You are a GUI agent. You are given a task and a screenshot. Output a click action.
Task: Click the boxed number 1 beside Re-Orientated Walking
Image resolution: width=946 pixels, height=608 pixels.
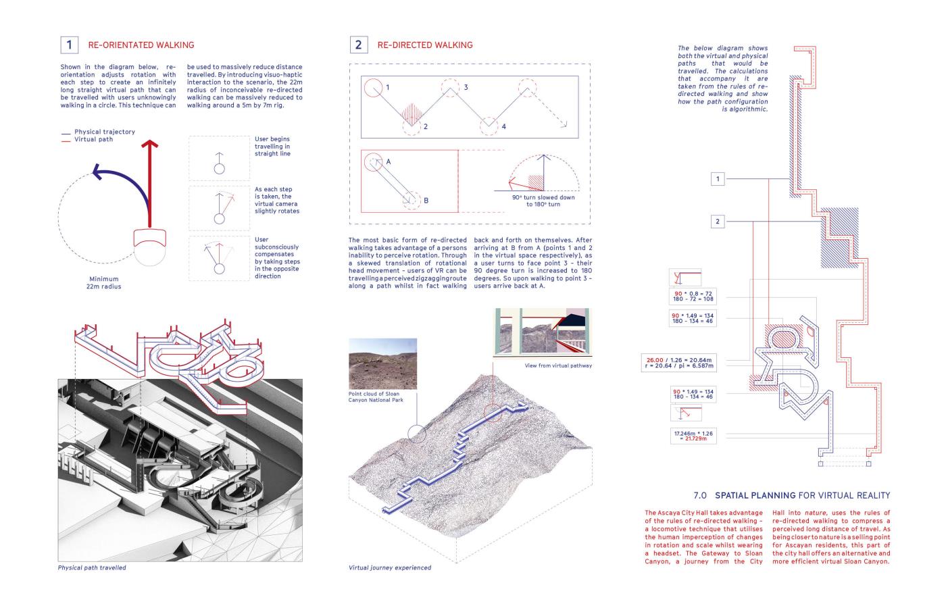(69, 45)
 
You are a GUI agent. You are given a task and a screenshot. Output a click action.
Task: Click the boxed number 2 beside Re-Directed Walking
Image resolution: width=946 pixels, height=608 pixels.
(358, 45)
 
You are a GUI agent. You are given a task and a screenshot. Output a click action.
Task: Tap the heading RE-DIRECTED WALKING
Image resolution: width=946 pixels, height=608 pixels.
(425, 45)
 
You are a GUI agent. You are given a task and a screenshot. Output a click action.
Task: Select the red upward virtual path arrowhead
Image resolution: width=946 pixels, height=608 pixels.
(152, 145)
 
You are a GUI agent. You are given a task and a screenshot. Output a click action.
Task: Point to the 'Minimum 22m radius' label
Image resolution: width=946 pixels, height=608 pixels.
(103, 282)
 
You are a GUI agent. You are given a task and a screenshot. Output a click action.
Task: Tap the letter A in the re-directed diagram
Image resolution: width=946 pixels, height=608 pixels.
(389, 162)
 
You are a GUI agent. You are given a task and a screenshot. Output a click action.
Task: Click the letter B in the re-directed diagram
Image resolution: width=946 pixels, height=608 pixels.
(426, 201)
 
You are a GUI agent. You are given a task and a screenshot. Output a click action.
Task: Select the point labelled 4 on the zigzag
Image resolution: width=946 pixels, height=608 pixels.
(503, 126)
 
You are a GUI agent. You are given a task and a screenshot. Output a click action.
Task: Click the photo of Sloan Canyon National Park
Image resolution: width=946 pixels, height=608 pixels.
(382, 364)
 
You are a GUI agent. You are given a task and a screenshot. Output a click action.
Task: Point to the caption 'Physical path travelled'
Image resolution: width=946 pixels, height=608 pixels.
(92, 567)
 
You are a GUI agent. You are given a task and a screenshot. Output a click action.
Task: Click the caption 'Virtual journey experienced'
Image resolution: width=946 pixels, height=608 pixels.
(390, 567)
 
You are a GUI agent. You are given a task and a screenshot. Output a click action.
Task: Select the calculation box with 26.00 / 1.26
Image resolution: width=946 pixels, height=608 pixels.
(678, 363)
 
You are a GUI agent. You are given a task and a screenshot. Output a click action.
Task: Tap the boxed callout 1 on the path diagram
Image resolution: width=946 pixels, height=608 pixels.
(718, 179)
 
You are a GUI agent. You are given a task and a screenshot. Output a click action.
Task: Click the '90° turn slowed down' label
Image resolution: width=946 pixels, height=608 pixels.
(543, 200)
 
